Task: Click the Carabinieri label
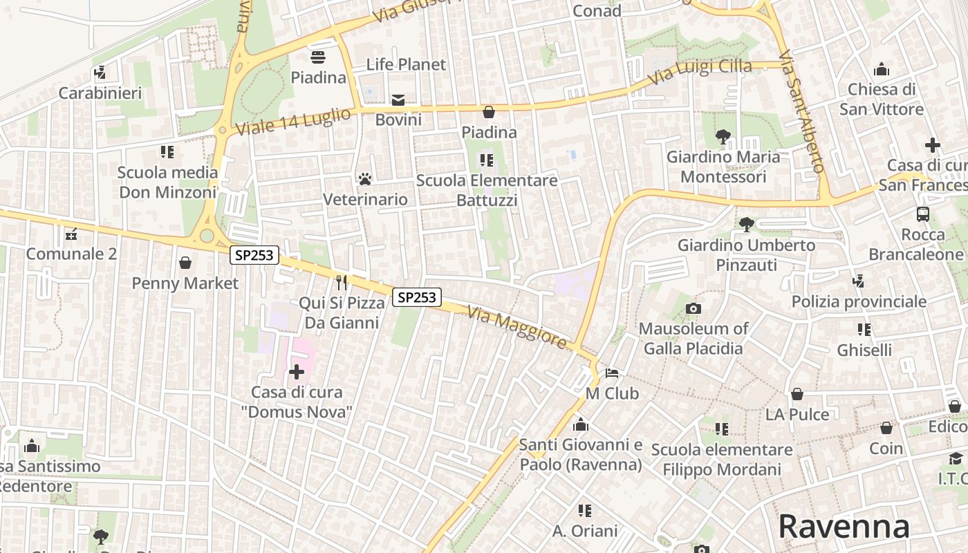100,93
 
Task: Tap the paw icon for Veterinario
365,179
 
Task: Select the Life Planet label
406,64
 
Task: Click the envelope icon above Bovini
398,100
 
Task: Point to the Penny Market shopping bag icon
185,263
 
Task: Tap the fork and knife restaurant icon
341,282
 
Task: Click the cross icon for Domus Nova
297,372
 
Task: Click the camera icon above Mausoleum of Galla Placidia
693,308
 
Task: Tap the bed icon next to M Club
612,373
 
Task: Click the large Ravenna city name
844,527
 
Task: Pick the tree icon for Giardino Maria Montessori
723,137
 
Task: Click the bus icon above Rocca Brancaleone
923,214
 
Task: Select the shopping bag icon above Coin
886,428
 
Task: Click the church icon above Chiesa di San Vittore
882,69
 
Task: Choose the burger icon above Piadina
318,57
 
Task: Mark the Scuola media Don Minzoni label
167,182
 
